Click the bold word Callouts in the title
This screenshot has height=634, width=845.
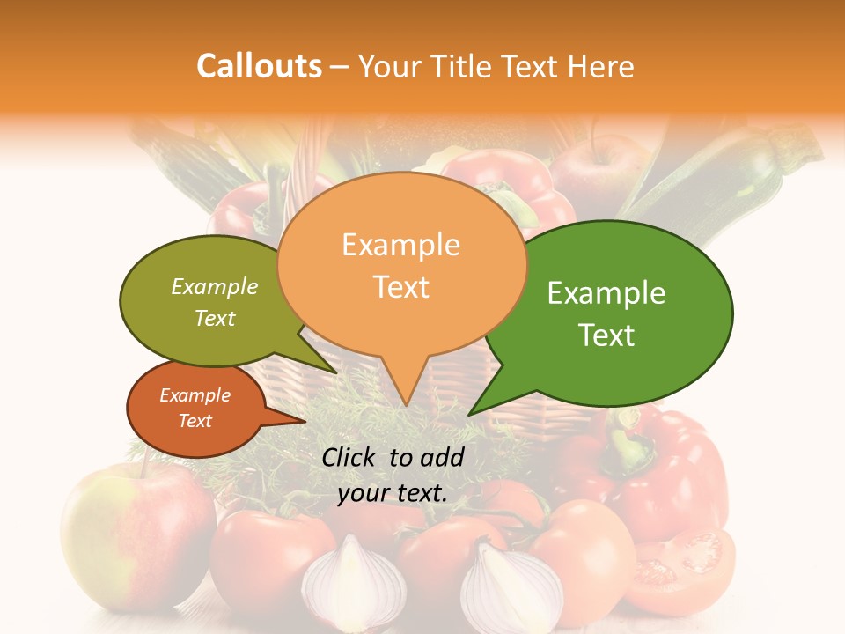[x=259, y=66]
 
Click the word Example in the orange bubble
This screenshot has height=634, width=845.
[x=400, y=245]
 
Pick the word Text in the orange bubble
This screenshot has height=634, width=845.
[x=401, y=286]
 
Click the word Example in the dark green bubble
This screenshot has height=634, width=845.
[x=606, y=293]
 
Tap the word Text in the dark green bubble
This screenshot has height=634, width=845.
[x=607, y=335]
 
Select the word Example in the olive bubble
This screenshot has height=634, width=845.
[x=215, y=286]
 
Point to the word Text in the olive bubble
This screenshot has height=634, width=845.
[x=215, y=318]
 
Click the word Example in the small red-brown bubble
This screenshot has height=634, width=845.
[x=195, y=395]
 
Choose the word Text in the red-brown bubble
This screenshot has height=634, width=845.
[x=195, y=421]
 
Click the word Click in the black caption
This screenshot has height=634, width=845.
[x=350, y=457]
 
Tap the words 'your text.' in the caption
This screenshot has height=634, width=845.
[x=393, y=494]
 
